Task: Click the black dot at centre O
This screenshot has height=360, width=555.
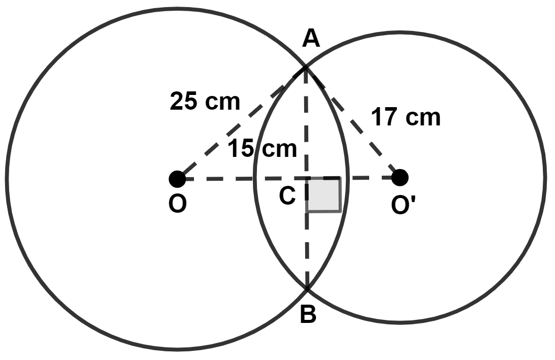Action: click(x=177, y=178)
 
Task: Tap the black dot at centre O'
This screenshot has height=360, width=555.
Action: click(x=400, y=178)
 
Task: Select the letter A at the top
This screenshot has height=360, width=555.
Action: click(x=311, y=39)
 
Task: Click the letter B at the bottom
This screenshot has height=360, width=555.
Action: click(x=308, y=315)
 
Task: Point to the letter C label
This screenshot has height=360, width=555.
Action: click(x=287, y=196)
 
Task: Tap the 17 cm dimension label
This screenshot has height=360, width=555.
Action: click(x=405, y=118)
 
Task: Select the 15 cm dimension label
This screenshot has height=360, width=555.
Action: click(x=262, y=149)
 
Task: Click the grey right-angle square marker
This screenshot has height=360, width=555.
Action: click(x=323, y=194)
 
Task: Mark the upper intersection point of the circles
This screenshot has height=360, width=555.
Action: click(x=305, y=67)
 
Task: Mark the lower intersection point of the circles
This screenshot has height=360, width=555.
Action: click(x=307, y=289)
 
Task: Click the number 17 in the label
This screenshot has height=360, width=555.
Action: click(x=384, y=118)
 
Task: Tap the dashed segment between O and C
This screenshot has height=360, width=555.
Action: click(x=239, y=178)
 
